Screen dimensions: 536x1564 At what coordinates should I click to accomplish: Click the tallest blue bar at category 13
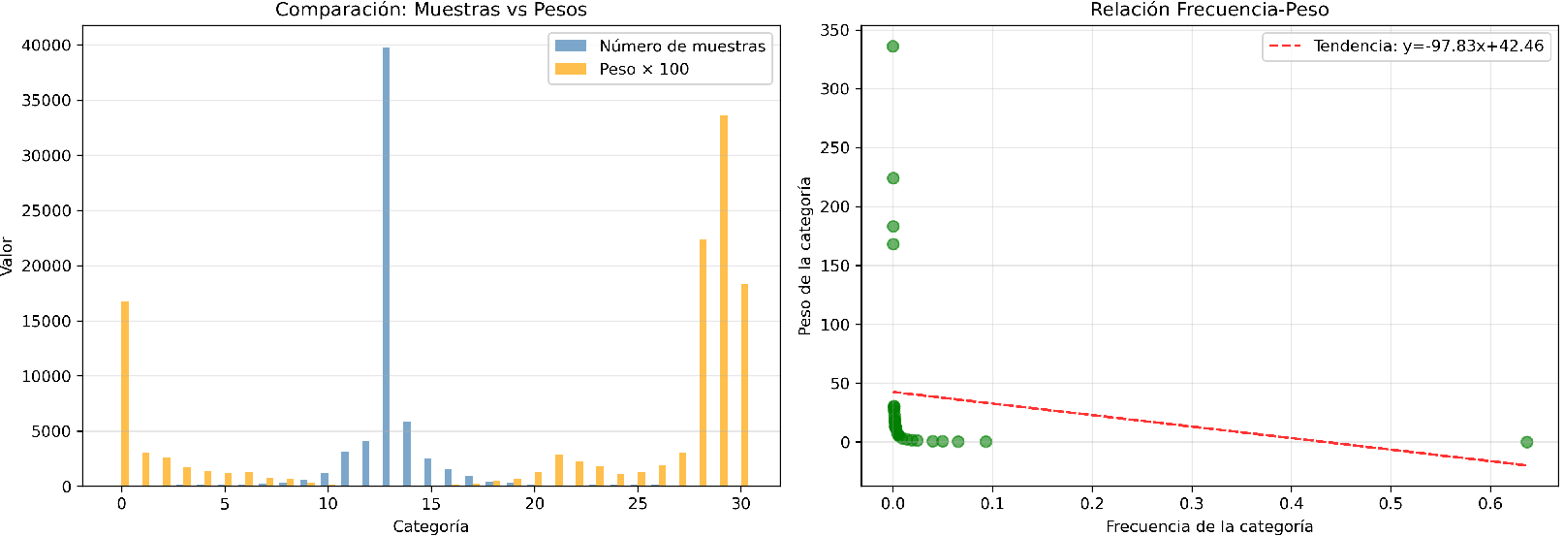(386, 267)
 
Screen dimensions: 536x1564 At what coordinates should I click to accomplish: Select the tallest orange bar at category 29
(724, 300)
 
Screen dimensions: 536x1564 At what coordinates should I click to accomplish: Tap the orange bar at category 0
(125, 394)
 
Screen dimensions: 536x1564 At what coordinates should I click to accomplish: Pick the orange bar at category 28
(703, 363)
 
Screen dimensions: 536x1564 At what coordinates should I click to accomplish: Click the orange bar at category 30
(744, 385)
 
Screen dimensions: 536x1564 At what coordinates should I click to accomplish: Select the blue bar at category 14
(407, 454)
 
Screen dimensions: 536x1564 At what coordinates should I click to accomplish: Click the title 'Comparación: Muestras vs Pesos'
(431, 10)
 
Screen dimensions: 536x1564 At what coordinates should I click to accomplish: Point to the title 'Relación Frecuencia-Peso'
(1209, 10)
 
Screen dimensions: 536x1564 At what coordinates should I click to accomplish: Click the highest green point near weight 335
(892, 47)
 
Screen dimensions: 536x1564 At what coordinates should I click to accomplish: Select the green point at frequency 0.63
(1526, 442)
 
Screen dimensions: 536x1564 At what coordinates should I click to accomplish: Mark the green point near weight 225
(892, 178)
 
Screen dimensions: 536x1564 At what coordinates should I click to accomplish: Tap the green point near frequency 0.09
(985, 442)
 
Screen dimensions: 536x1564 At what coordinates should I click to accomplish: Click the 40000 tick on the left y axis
(47, 45)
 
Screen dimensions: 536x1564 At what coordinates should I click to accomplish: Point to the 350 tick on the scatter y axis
(834, 30)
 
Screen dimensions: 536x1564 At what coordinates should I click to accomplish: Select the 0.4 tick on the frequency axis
(1291, 504)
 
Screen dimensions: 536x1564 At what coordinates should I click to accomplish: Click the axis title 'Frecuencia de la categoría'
(1209, 526)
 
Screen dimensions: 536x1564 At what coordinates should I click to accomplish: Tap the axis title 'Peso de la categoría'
(804, 256)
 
